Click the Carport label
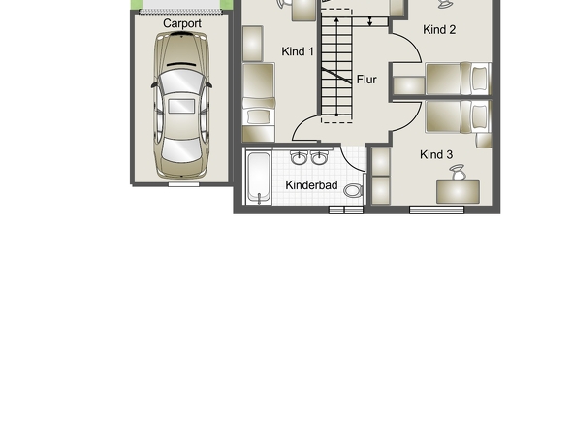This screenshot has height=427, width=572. pos(182,23)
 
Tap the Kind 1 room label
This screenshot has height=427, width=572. pos(298,51)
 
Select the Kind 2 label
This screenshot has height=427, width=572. pos(439,29)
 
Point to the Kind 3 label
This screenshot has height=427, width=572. pos(436,154)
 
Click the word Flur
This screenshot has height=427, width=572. pos(366,80)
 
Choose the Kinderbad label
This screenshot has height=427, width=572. pos(311,185)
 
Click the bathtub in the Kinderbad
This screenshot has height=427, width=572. pos(259,178)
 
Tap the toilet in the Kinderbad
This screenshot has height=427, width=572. pos(353,190)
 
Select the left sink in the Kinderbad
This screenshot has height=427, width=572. pos(299,158)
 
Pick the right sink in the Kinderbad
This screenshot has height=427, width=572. pos(320,158)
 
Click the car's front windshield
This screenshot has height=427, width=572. pos(181,82)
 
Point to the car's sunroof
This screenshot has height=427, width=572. pos(181,106)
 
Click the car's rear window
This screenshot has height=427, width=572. pos(181,150)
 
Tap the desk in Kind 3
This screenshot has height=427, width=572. pos(458,191)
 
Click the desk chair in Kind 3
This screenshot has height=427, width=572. pos(458,172)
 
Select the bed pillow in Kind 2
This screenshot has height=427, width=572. pos(479,79)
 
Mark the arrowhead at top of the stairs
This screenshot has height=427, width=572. pos(336,19)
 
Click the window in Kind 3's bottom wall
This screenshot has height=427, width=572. pos(436,210)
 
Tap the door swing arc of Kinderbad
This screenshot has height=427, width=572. pos(350,161)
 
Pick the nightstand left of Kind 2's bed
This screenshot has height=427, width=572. pos(409,85)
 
